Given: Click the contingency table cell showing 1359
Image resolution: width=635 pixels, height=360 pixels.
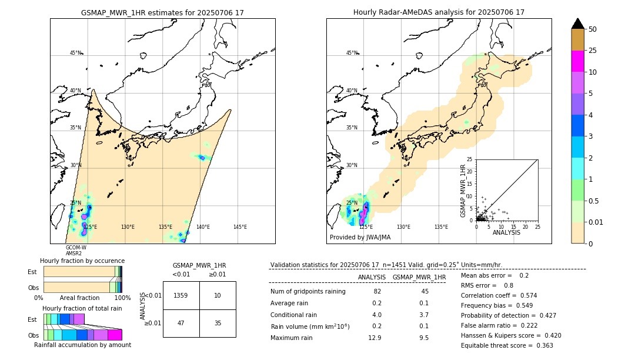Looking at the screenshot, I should point(181,295).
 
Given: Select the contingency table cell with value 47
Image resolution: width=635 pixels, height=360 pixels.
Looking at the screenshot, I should point(181,323).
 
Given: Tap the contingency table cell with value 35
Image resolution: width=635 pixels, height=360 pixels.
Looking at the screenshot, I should point(218,323).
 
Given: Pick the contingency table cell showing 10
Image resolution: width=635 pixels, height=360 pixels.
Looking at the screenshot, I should point(218,295).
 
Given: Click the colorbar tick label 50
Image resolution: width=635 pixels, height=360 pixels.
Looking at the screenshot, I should point(593,29).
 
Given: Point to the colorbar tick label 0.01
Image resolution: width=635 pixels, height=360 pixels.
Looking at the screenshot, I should point(596,222).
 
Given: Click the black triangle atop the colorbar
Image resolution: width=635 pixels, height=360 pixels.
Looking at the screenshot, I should point(578,24).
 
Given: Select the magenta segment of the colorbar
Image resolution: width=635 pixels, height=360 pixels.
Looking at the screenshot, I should point(578,61).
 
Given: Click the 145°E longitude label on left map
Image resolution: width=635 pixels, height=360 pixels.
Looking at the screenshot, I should point(240,227).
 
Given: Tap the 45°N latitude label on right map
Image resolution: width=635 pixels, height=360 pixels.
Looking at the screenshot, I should point(352,53).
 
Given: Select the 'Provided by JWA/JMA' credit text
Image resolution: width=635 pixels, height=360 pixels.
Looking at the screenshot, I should point(360,238).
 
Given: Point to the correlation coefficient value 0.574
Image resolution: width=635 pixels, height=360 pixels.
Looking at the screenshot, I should point(524,295).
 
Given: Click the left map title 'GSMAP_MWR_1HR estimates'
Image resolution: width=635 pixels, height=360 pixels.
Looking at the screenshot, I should point(162,12).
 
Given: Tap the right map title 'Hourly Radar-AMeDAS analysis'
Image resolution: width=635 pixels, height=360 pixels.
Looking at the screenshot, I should point(439,12).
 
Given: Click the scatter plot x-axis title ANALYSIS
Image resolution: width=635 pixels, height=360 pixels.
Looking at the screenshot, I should point(507,233).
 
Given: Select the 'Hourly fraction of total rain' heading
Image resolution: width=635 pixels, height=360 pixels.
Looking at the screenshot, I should point(82,308).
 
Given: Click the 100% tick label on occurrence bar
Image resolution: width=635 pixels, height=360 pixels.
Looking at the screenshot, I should point(122,298).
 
